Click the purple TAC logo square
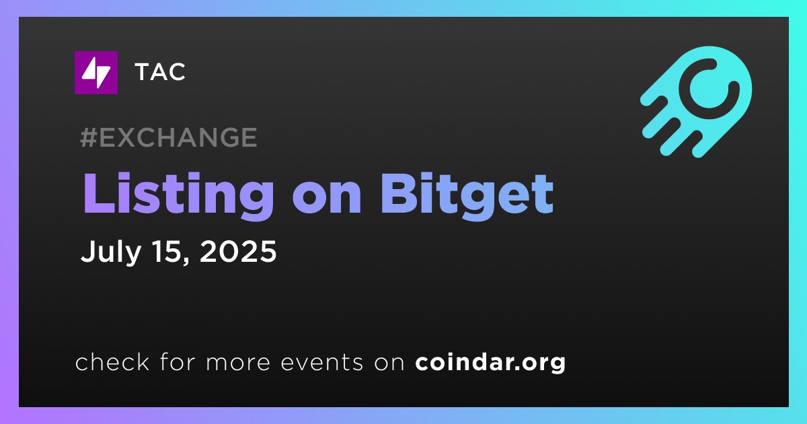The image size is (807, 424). (x=95, y=73)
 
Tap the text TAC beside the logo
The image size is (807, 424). (x=160, y=72)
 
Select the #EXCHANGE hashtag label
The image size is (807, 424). (x=169, y=137)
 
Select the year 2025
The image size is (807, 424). (x=238, y=251)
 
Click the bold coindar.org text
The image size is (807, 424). (x=490, y=363)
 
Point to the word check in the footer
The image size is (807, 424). (x=112, y=361)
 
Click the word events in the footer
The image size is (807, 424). (x=321, y=362)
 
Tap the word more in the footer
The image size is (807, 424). (x=237, y=363)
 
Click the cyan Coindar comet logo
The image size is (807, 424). (x=695, y=102)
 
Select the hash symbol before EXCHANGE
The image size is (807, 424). (x=89, y=137)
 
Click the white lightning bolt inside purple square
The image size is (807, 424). (x=95, y=73)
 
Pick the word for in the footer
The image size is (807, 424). (x=178, y=361)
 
